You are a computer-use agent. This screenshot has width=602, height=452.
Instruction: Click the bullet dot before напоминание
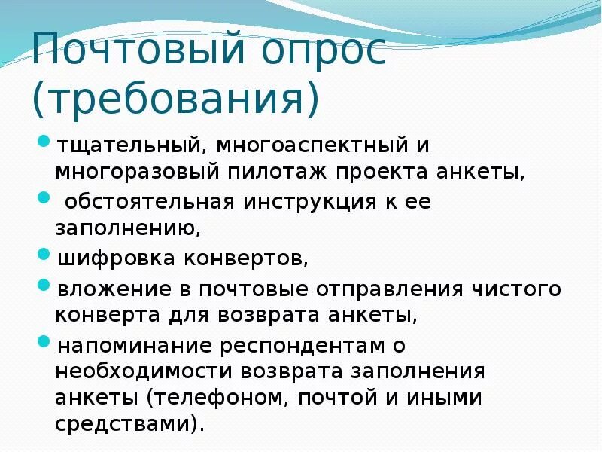click(44, 344)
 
